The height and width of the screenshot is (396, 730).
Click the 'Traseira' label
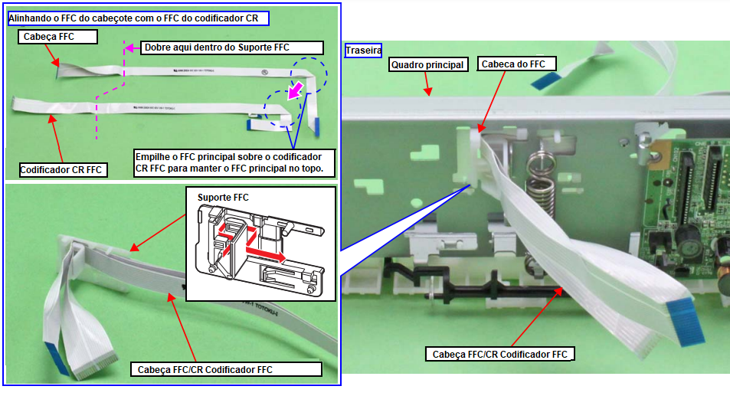coord(364,51)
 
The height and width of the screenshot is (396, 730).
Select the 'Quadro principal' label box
coord(428,65)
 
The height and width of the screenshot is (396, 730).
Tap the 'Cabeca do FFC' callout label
coord(512,64)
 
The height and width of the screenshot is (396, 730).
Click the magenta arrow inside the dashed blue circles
coord(293,91)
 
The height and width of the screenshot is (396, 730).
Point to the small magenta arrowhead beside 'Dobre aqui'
coord(131,47)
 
